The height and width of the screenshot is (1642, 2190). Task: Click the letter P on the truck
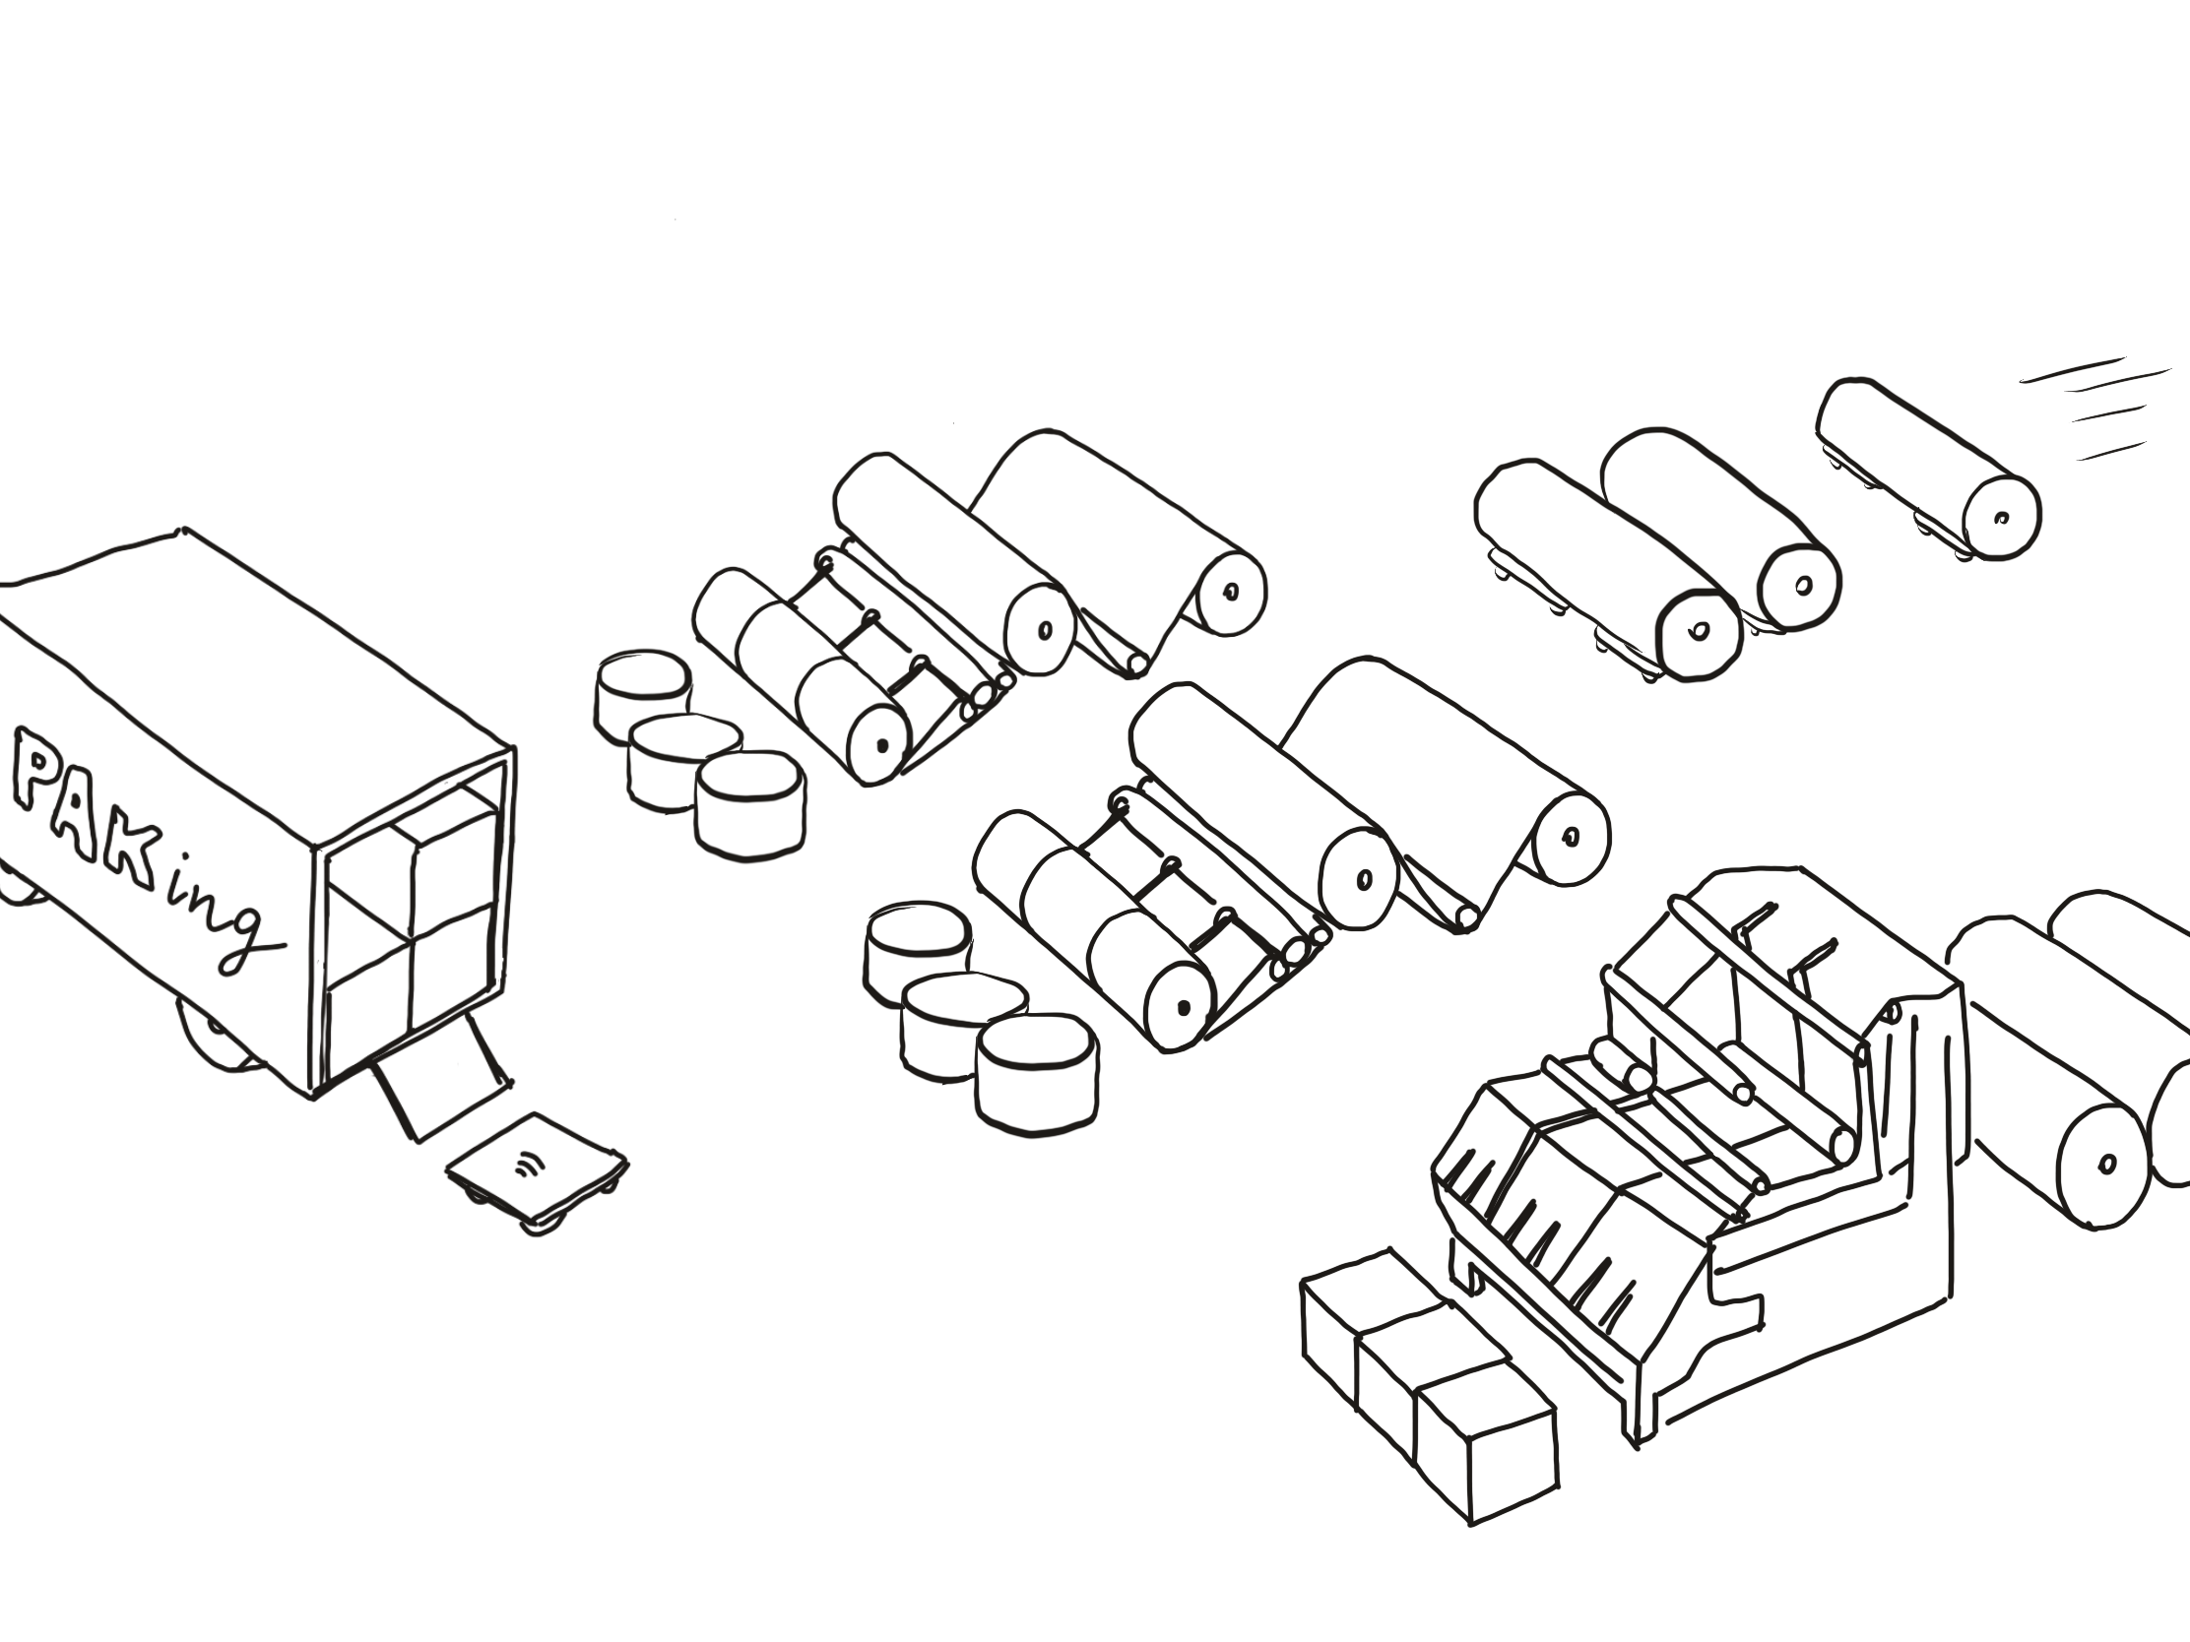(39, 768)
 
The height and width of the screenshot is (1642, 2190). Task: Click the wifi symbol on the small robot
(532, 1165)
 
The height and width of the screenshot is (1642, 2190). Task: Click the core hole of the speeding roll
(2001, 518)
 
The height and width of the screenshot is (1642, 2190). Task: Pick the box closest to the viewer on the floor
(1485, 1450)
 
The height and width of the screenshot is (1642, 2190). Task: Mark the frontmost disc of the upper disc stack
(749, 802)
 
